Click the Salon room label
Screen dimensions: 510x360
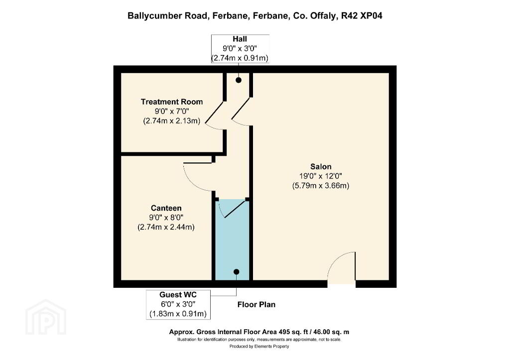point(321,166)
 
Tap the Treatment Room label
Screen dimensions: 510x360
point(172,102)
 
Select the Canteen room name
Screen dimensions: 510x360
point(166,208)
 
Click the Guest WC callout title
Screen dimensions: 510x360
point(178,295)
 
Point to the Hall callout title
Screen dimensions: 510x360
point(240,39)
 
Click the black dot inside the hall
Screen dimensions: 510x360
point(239,80)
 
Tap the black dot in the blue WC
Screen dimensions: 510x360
point(237,272)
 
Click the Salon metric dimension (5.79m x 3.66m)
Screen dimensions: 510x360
point(321,186)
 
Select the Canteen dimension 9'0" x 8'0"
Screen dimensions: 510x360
point(166,217)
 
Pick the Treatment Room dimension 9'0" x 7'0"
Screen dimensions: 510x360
point(172,111)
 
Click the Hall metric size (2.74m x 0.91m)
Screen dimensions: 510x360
point(240,58)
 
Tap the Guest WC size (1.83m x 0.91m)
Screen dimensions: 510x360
point(178,314)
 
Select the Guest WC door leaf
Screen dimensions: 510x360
point(235,209)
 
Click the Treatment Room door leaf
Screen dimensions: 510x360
point(214,113)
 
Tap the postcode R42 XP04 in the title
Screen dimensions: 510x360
point(362,15)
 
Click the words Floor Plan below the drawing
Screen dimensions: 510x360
point(256,305)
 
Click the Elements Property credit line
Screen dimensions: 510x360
point(259,347)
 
